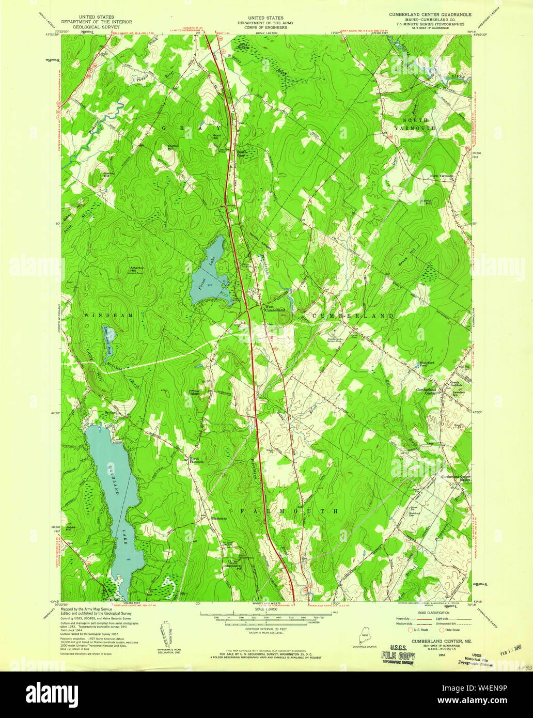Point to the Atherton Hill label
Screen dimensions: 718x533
pos(136,269)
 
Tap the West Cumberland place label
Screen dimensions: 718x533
pos(274,308)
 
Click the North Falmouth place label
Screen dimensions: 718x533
pos(197,461)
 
